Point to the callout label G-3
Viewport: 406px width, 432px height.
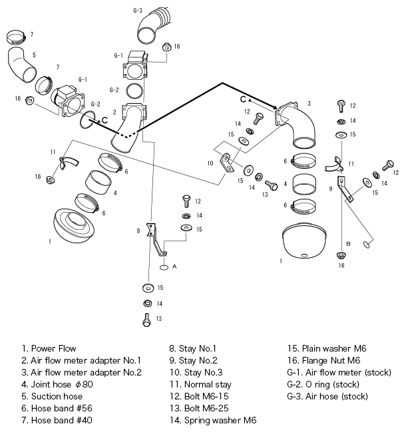[138, 11]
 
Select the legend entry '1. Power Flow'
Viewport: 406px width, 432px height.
[49, 348]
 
